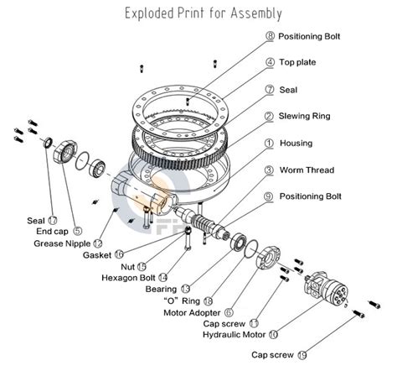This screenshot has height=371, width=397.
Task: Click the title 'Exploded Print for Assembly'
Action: click(203, 13)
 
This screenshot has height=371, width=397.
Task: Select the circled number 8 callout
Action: click(270, 37)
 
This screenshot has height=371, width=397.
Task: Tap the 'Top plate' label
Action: click(299, 63)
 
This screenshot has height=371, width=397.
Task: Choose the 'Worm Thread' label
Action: click(307, 170)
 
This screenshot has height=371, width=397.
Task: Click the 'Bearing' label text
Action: click(161, 289)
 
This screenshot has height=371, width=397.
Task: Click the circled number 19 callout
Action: click(302, 354)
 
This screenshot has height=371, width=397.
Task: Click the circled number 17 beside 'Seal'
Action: click(53, 220)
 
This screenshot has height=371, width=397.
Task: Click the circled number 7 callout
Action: click(270, 90)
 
